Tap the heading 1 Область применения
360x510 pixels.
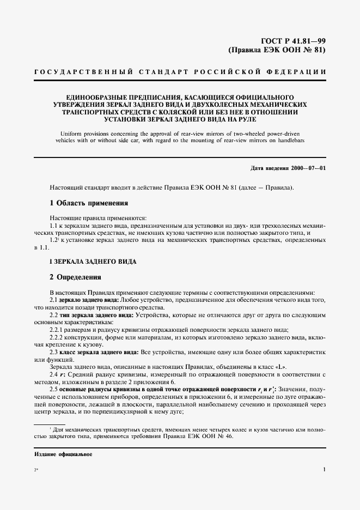[x=88, y=203]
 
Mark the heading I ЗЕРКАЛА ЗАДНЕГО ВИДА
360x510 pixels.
[x=93, y=262]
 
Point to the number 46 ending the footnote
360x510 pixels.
[x=228, y=436]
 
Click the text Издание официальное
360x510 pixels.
[x=62, y=454]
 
